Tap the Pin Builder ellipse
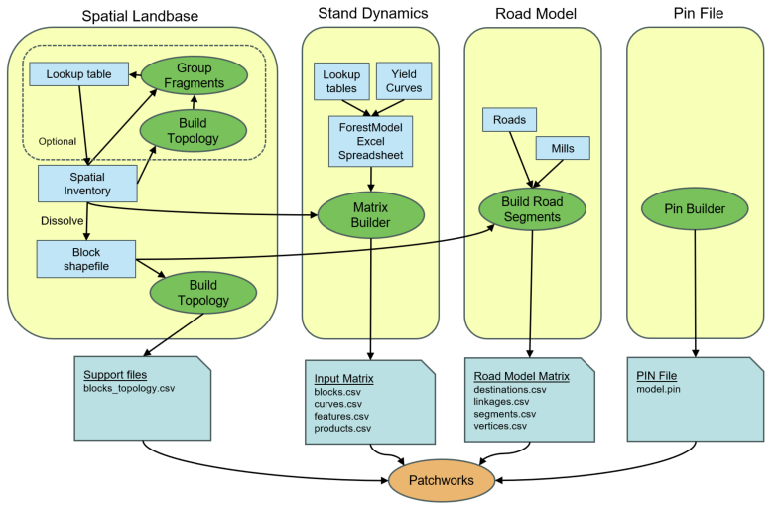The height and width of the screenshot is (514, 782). pos(693,209)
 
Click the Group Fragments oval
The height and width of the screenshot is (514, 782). pos(195,75)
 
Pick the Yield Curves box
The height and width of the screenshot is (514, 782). pos(404,80)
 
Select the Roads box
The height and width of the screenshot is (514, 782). pos(509,119)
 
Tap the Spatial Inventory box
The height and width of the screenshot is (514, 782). pos(86,184)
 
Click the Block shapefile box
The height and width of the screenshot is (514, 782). pos(86,258)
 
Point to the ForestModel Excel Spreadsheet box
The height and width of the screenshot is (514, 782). pos(371,142)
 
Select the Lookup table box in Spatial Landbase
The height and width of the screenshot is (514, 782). pos(78,74)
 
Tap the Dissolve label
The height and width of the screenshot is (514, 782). pos(63,220)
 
